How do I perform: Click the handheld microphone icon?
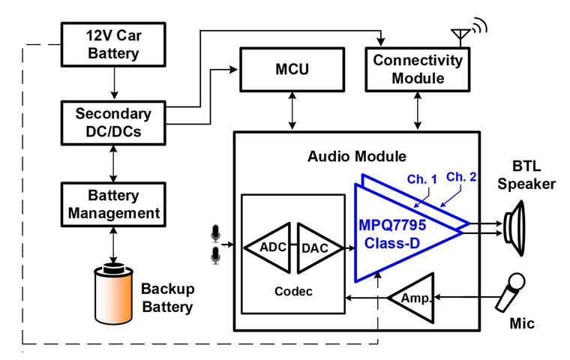click(511, 292)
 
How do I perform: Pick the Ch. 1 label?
click(421, 179)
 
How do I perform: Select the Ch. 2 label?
click(461, 177)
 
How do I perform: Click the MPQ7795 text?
click(391, 225)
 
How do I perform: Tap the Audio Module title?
click(356, 156)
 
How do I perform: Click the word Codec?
click(293, 291)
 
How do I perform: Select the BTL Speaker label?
click(526, 175)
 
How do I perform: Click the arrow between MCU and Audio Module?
click(292, 110)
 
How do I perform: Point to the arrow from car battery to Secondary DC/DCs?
click(114, 83)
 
